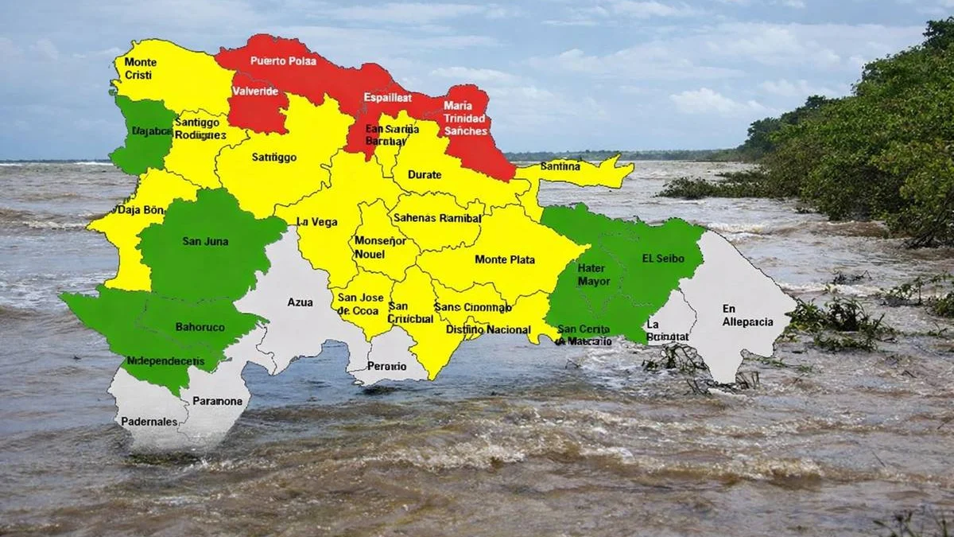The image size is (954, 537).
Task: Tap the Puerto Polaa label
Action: pos(283,60)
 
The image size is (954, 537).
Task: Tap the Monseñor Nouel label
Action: pos(370,247)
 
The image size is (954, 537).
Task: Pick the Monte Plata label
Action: pos(505,259)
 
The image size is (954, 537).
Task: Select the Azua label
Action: pos(300,302)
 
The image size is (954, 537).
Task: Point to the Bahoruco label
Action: pos(200,327)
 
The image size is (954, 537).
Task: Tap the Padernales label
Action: pos(149,421)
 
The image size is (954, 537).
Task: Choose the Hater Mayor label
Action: pos(594,274)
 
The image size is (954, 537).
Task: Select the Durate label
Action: pos(425,174)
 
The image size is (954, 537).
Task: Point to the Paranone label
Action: pos(217,401)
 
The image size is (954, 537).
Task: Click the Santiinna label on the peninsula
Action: pos(560,166)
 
